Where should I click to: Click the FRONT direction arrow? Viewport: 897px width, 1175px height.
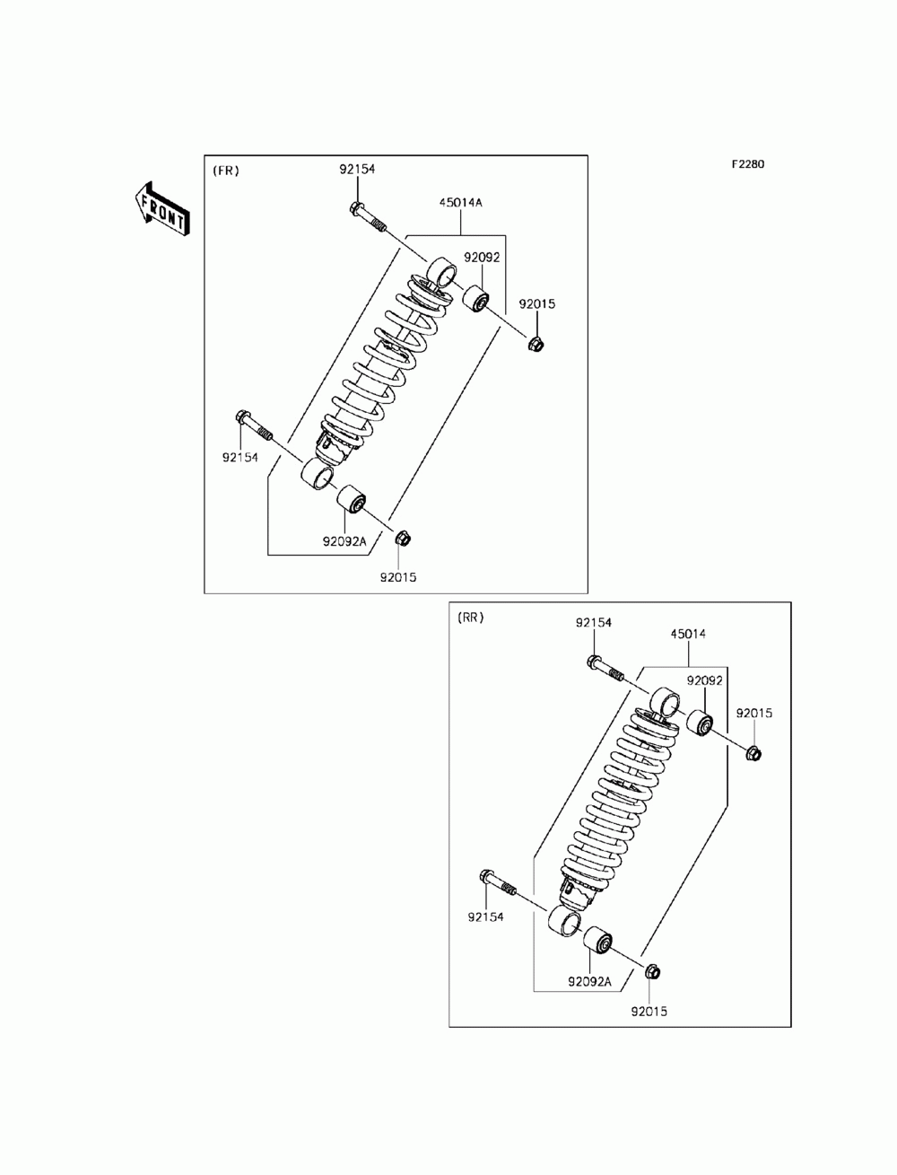(162, 209)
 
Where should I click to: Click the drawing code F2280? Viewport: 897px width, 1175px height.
(747, 164)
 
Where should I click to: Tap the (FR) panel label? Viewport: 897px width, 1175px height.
(225, 171)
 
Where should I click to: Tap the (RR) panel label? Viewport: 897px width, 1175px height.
(470, 618)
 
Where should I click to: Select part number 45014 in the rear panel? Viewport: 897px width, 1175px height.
(688, 634)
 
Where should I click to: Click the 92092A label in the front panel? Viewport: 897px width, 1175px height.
(345, 541)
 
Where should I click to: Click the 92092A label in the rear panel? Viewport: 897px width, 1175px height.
(589, 981)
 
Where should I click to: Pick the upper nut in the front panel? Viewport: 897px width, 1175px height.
(537, 343)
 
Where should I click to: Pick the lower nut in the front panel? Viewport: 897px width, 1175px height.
(403, 539)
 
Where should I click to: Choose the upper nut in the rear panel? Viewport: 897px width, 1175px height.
(753, 752)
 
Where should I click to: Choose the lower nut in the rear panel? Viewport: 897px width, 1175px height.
(653, 970)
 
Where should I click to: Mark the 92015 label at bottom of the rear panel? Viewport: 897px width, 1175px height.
(649, 1011)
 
